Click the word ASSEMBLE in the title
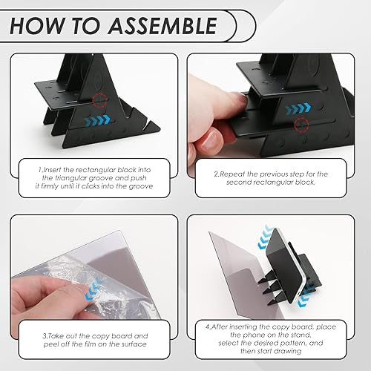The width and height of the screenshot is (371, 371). point(162,26)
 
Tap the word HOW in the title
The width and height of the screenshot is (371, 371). point(37,26)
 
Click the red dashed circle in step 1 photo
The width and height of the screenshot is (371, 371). point(101,100)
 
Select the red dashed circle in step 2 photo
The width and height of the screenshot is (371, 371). point(302,125)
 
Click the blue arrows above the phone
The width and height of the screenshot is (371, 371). point(265,236)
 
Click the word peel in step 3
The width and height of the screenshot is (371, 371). point(50,344)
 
